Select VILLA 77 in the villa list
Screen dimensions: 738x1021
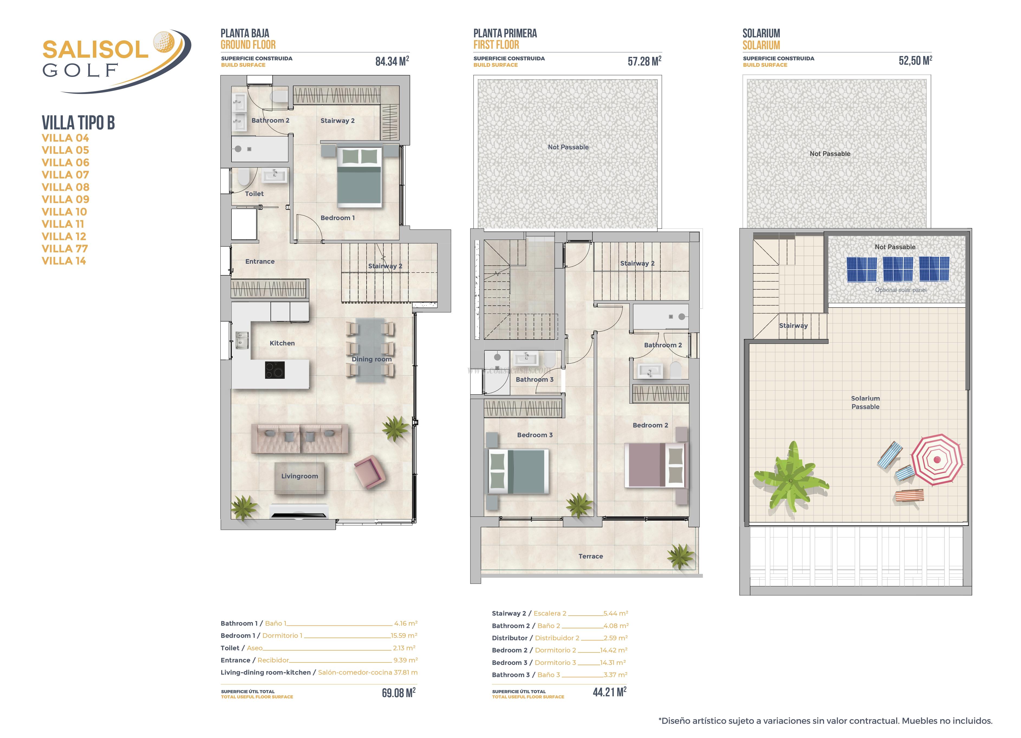click(x=64, y=249)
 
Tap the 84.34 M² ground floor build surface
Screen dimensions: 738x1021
click(x=392, y=61)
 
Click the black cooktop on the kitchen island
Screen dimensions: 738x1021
click(x=275, y=370)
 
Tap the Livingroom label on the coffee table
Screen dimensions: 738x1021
click(x=299, y=476)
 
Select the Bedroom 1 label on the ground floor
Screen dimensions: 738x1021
click(x=337, y=218)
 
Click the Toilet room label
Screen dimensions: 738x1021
click(x=254, y=194)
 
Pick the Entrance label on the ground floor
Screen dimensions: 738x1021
click(x=260, y=262)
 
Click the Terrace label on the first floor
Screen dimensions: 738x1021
click(x=590, y=556)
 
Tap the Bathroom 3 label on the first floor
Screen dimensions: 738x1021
click(x=534, y=379)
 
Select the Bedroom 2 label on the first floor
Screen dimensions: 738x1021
click(x=650, y=425)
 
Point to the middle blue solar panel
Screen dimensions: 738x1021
click(x=898, y=269)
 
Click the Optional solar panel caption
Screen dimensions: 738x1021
click(x=900, y=290)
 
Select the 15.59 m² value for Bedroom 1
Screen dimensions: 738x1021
click(x=403, y=635)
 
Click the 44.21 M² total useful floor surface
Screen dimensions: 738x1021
click(x=609, y=692)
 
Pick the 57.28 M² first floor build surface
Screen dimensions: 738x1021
click(x=644, y=61)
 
